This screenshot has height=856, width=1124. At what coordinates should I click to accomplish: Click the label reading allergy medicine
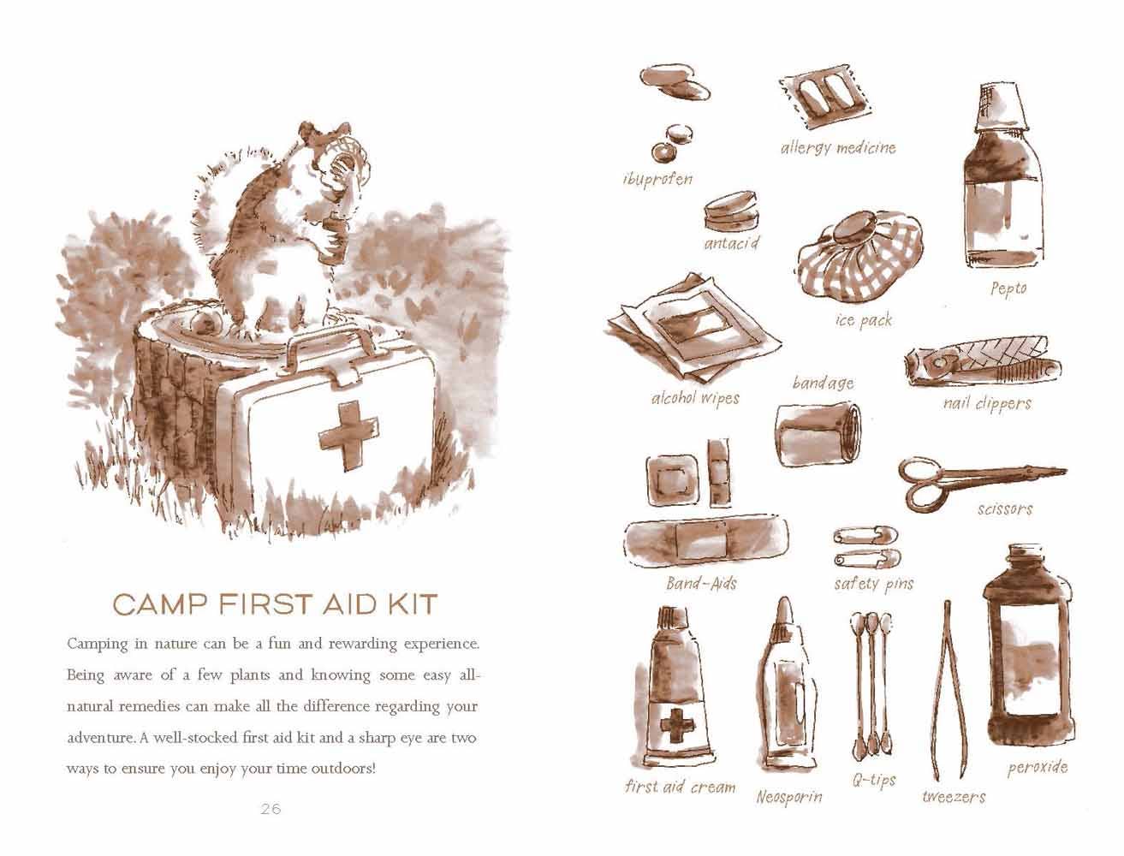click(837, 148)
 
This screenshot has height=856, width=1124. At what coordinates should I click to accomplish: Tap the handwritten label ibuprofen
click(657, 179)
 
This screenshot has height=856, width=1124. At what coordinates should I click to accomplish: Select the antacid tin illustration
click(732, 212)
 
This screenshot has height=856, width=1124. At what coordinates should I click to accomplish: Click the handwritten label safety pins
click(873, 585)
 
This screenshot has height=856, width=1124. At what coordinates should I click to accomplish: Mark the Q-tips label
click(874, 780)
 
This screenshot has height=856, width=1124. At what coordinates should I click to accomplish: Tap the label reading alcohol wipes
click(694, 398)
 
